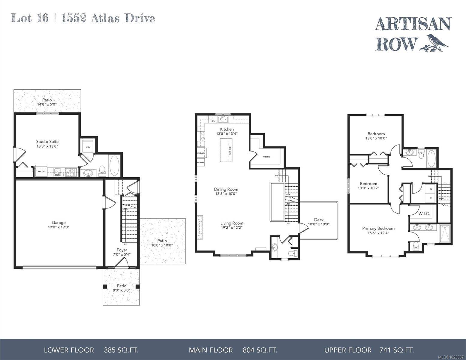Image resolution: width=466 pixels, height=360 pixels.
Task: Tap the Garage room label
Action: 59,223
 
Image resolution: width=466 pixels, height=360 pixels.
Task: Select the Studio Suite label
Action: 47,142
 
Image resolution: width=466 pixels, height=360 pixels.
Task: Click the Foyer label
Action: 122,250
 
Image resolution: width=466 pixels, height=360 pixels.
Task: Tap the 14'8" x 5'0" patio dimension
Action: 47,104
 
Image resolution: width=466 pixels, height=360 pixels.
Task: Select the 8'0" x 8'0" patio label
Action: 122,290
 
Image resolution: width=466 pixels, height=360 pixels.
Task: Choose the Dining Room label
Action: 226,189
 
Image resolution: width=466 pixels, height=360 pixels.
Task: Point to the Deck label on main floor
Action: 319,220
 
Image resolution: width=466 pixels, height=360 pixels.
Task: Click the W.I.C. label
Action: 424,214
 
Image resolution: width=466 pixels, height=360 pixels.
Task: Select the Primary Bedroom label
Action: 378,228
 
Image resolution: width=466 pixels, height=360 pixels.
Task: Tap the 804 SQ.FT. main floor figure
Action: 260,350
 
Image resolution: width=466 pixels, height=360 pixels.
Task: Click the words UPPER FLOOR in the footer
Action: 348,350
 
